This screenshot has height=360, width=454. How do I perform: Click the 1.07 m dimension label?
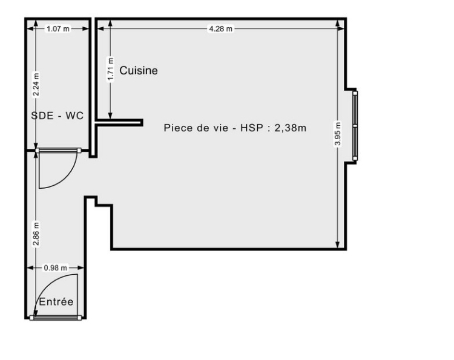pos(58,28)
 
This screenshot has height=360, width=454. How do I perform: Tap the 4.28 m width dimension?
pos(220,28)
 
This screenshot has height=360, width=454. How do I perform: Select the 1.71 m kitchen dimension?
pos(110,70)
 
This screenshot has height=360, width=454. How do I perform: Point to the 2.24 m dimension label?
pos(36,85)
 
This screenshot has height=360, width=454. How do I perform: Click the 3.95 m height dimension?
pos(338,134)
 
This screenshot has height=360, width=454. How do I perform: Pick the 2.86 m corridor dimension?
pos(36,234)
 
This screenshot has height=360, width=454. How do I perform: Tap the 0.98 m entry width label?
pos(55,268)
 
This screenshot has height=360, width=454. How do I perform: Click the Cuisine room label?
pos(139,70)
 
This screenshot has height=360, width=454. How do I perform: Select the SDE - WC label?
pos(58,116)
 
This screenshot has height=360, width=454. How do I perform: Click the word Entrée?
pos(56,302)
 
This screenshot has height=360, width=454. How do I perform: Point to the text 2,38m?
pos(290,128)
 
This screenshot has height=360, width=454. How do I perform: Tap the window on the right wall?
pos(355,126)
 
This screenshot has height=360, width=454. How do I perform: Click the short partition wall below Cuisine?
pos(119,123)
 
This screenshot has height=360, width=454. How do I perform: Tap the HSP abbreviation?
pos(251,128)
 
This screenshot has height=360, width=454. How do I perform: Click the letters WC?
pos(74,116)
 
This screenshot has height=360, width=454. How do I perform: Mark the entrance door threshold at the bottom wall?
pos(56,318)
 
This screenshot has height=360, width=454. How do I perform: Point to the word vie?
pos(221,128)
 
